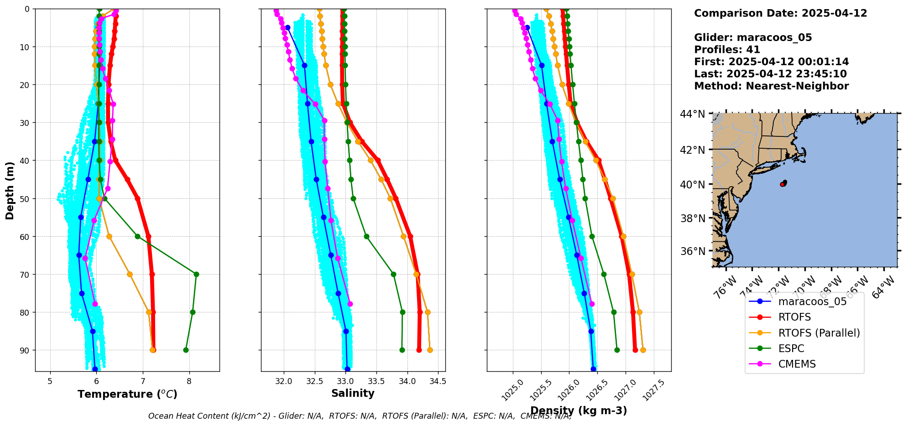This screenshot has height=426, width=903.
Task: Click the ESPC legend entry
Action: (x=791, y=348)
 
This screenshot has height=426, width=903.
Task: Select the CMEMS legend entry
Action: (x=797, y=364)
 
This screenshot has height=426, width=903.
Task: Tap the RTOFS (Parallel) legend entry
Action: (x=819, y=333)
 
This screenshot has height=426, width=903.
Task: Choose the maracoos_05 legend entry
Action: (x=812, y=301)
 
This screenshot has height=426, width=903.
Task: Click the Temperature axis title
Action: (x=127, y=394)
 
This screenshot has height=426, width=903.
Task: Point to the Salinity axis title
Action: (x=353, y=393)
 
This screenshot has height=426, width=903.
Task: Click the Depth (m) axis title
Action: (x=10, y=190)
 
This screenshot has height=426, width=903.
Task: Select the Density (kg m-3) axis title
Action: (x=579, y=410)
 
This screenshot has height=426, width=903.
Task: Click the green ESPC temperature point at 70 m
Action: (x=196, y=274)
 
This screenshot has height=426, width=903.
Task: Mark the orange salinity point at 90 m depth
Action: (x=430, y=350)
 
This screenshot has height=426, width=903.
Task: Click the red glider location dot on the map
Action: (x=783, y=184)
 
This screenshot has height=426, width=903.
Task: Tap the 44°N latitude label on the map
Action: (x=692, y=114)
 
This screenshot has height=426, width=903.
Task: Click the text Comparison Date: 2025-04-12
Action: (x=780, y=13)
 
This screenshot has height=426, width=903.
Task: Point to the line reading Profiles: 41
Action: (x=727, y=50)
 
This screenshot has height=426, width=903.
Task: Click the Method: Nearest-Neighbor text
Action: (x=771, y=86)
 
